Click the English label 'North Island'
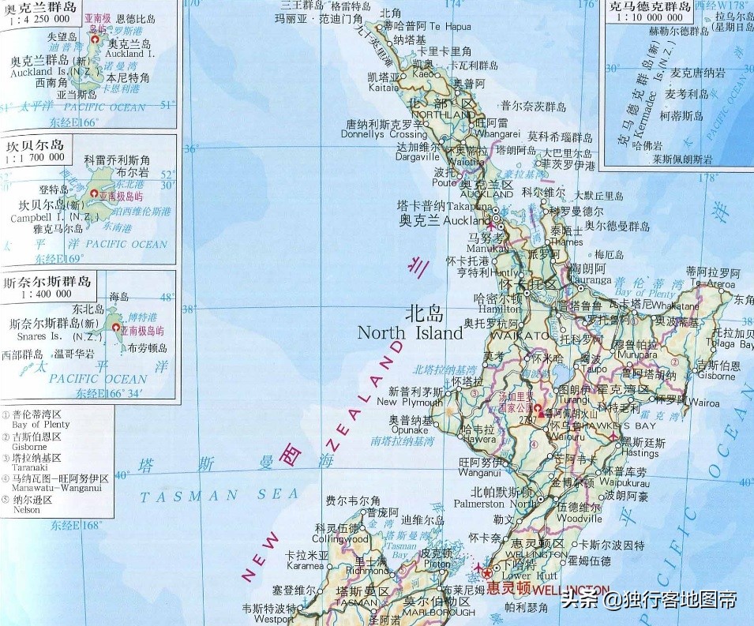tap(410, 333)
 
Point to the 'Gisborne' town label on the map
tap(715, 377)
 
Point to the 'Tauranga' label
tap(590, 279)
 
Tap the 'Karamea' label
tap(305, 566)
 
